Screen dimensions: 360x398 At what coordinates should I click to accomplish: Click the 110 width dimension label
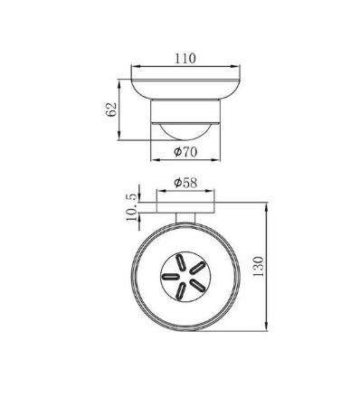click(x=185, y=58)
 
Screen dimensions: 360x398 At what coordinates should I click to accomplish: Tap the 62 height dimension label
click(x=111, y=109)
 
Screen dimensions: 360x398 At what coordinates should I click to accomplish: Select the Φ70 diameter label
click(x=185, y=152)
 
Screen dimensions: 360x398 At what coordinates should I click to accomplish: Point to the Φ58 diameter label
click(x=185, y=183)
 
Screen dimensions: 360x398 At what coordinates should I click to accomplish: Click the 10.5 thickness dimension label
click(x=131, y=207)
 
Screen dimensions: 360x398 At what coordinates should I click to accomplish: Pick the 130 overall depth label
click(x=258, y=267)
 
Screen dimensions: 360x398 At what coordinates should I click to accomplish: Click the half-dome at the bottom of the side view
click(x=185, y=132)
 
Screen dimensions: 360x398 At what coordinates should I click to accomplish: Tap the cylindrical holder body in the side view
click(x=185, y=111)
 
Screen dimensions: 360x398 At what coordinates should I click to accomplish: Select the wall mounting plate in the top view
click(x=185, y=207)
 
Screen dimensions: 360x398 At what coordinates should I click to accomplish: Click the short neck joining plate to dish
click(x=185, y=218)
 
